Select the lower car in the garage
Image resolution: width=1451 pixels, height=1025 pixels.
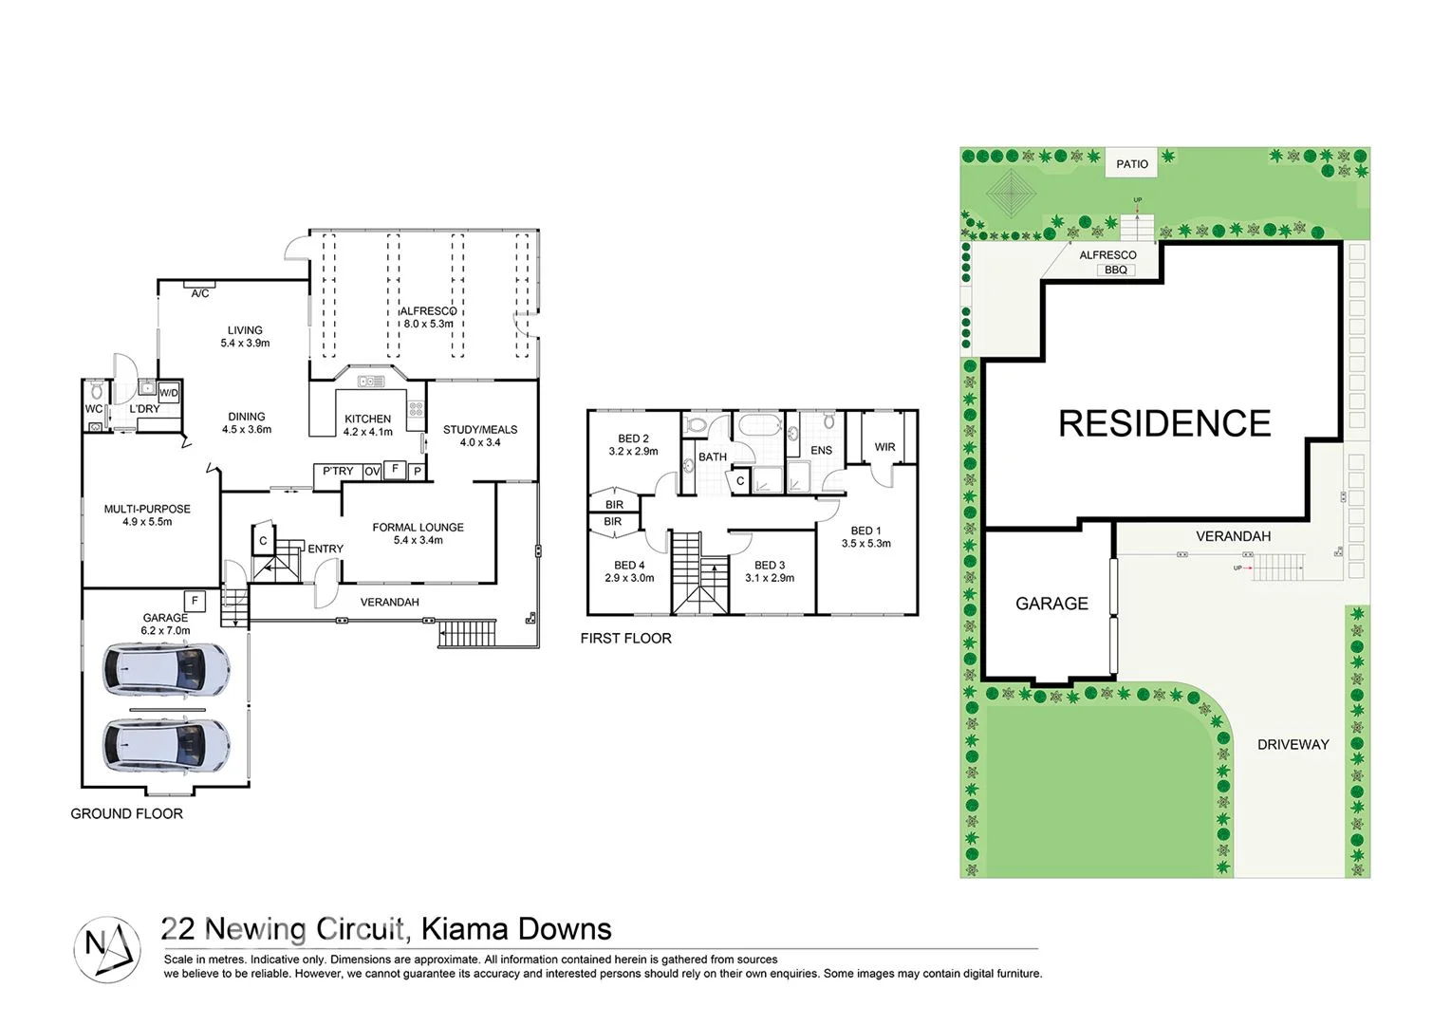[166, 743]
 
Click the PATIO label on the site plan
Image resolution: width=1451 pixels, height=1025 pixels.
[1131, 164]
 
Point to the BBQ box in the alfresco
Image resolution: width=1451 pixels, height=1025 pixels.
[1116, 270]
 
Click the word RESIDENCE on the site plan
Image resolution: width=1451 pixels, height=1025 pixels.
[1164, 424]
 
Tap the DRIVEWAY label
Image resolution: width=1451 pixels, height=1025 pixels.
[1293, 745]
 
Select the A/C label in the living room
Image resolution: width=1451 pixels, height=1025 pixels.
[200, 293]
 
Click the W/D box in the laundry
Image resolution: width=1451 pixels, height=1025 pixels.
[169, 393]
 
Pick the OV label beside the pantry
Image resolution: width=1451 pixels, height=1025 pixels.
[372, 472]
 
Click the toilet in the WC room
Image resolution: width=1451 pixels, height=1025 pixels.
[95, 390]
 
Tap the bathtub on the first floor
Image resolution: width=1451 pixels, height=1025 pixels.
[758, 424]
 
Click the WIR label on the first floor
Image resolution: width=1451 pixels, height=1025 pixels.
[884, 447]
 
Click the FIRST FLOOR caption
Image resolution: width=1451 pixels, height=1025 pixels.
[625, 639]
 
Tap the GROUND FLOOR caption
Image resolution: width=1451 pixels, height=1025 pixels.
[126, 814]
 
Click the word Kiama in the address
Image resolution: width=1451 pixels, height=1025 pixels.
[458, 929]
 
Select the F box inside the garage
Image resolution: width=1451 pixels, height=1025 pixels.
[195, 601]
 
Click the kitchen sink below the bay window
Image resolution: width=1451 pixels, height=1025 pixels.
[371, 382]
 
